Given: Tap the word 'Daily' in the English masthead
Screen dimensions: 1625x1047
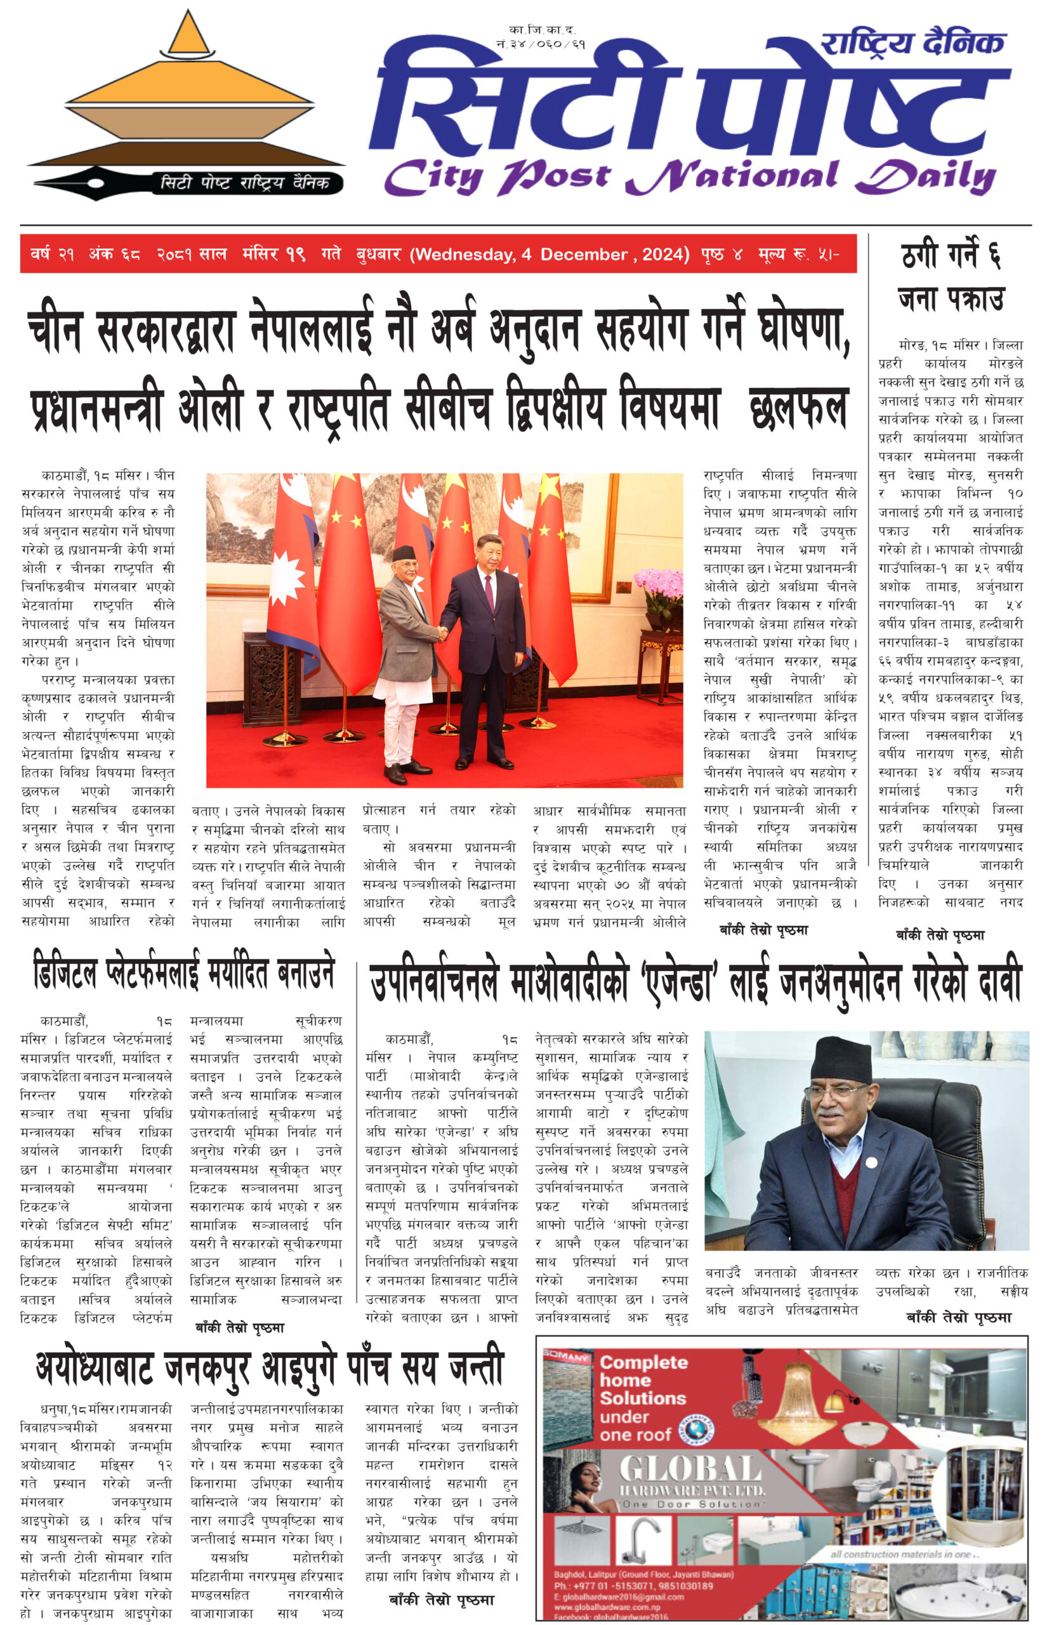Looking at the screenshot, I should [925, 176].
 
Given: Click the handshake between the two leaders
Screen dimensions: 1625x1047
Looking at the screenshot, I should [442, 633].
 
